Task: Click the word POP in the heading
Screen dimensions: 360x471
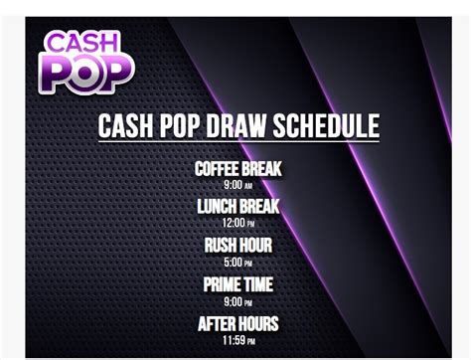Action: coord(185,127)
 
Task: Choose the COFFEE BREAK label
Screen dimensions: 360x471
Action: coord(238,169)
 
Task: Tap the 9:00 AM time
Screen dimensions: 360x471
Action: coord(238,185)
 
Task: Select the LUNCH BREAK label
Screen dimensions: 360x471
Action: coord(238,207)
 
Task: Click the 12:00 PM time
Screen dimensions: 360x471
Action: coord(238,223)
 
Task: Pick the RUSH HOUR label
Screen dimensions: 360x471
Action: coord(238,246)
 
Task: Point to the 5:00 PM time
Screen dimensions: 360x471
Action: coord(238,263)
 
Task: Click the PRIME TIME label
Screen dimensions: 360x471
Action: coord(238,285)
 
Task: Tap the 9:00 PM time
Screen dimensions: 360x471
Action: coord(238,301)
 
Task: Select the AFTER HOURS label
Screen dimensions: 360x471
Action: coord(238,324)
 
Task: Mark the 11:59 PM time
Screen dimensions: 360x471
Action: coord(238,341)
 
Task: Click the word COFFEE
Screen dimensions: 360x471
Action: coord(218,169)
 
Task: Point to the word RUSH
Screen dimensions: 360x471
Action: coord(221,246)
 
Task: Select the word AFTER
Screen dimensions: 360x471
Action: coord(216,324)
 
